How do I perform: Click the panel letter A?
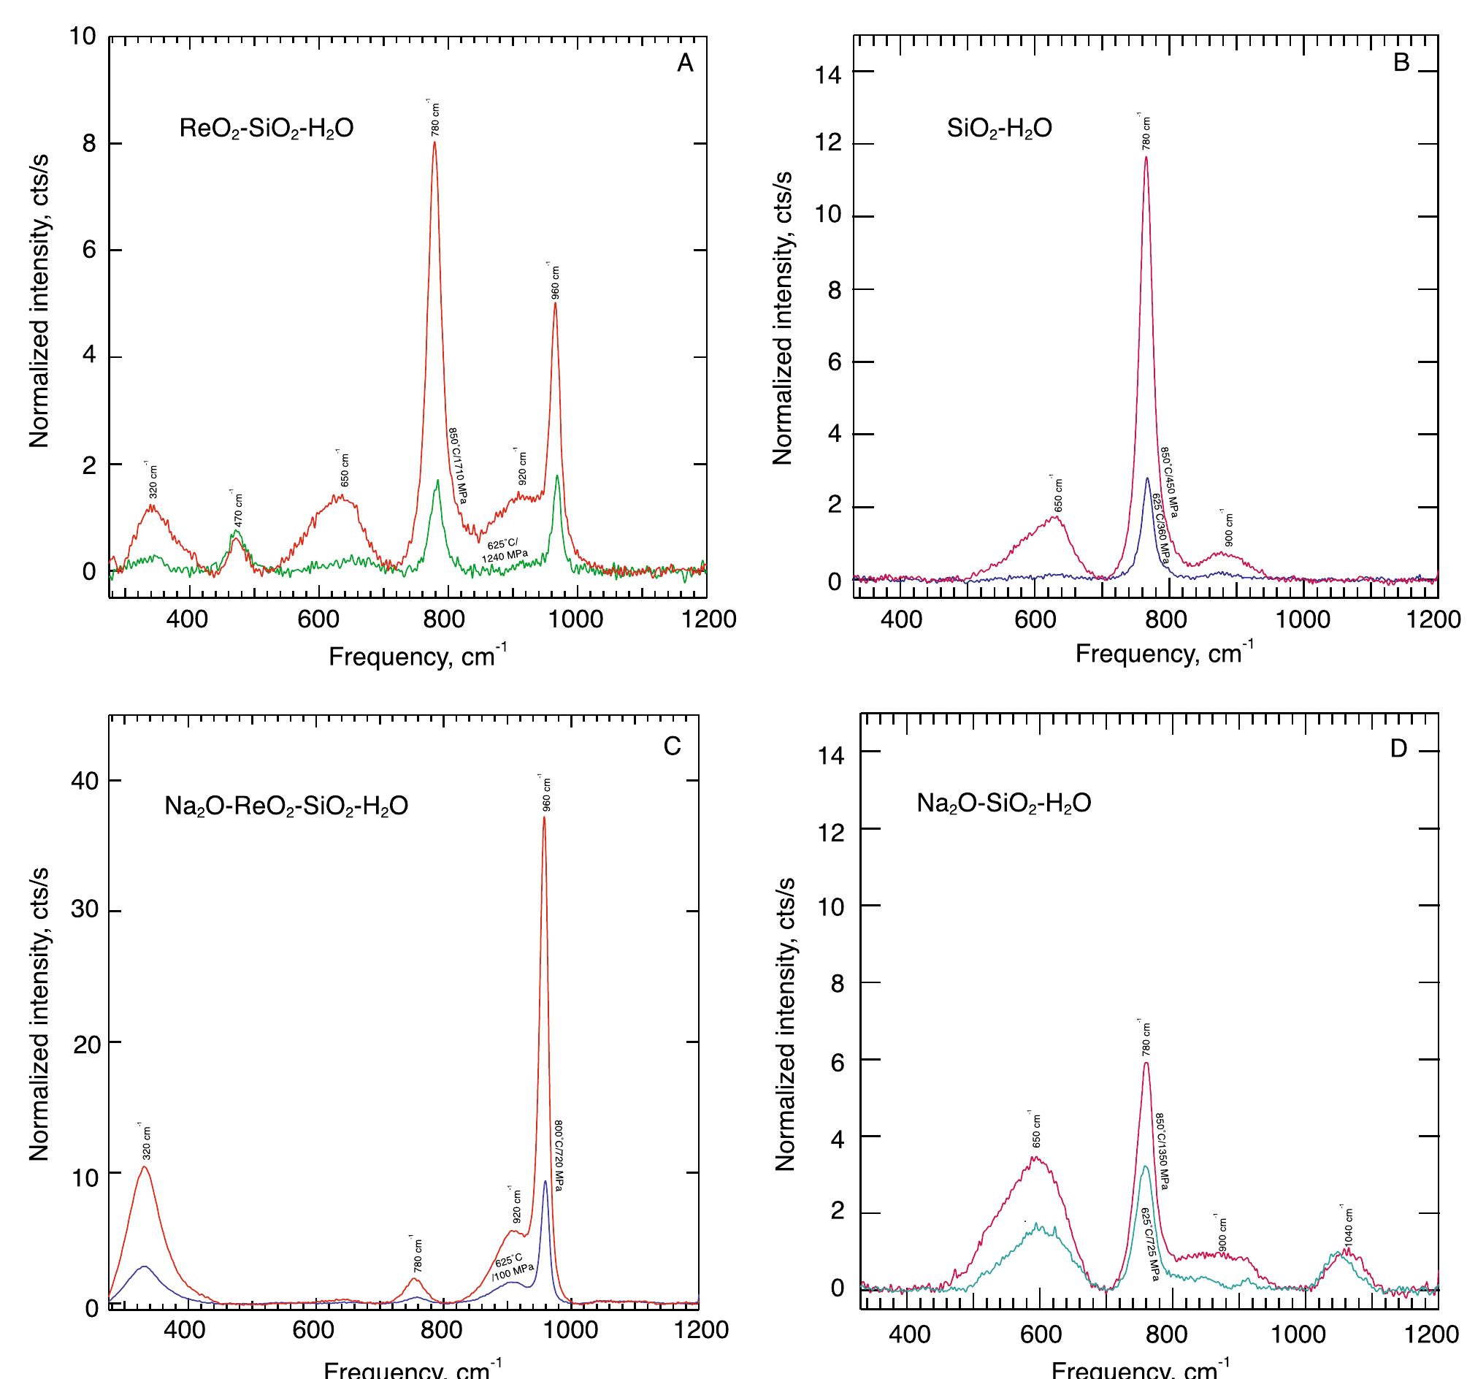685,64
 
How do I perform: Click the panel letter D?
1398,749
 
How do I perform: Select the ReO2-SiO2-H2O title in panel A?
267,129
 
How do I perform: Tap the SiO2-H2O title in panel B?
1000,129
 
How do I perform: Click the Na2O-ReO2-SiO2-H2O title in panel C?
286,806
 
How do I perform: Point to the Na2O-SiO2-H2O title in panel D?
1003,803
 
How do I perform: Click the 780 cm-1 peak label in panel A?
435,118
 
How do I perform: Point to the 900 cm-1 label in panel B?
1228,530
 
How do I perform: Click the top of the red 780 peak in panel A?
434,142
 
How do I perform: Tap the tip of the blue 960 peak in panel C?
545,1181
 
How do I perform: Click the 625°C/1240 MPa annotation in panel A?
507,550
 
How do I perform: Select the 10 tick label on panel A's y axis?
83,37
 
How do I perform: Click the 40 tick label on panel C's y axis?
85,781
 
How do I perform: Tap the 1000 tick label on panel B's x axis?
1303,619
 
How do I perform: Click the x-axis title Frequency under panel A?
417,656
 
